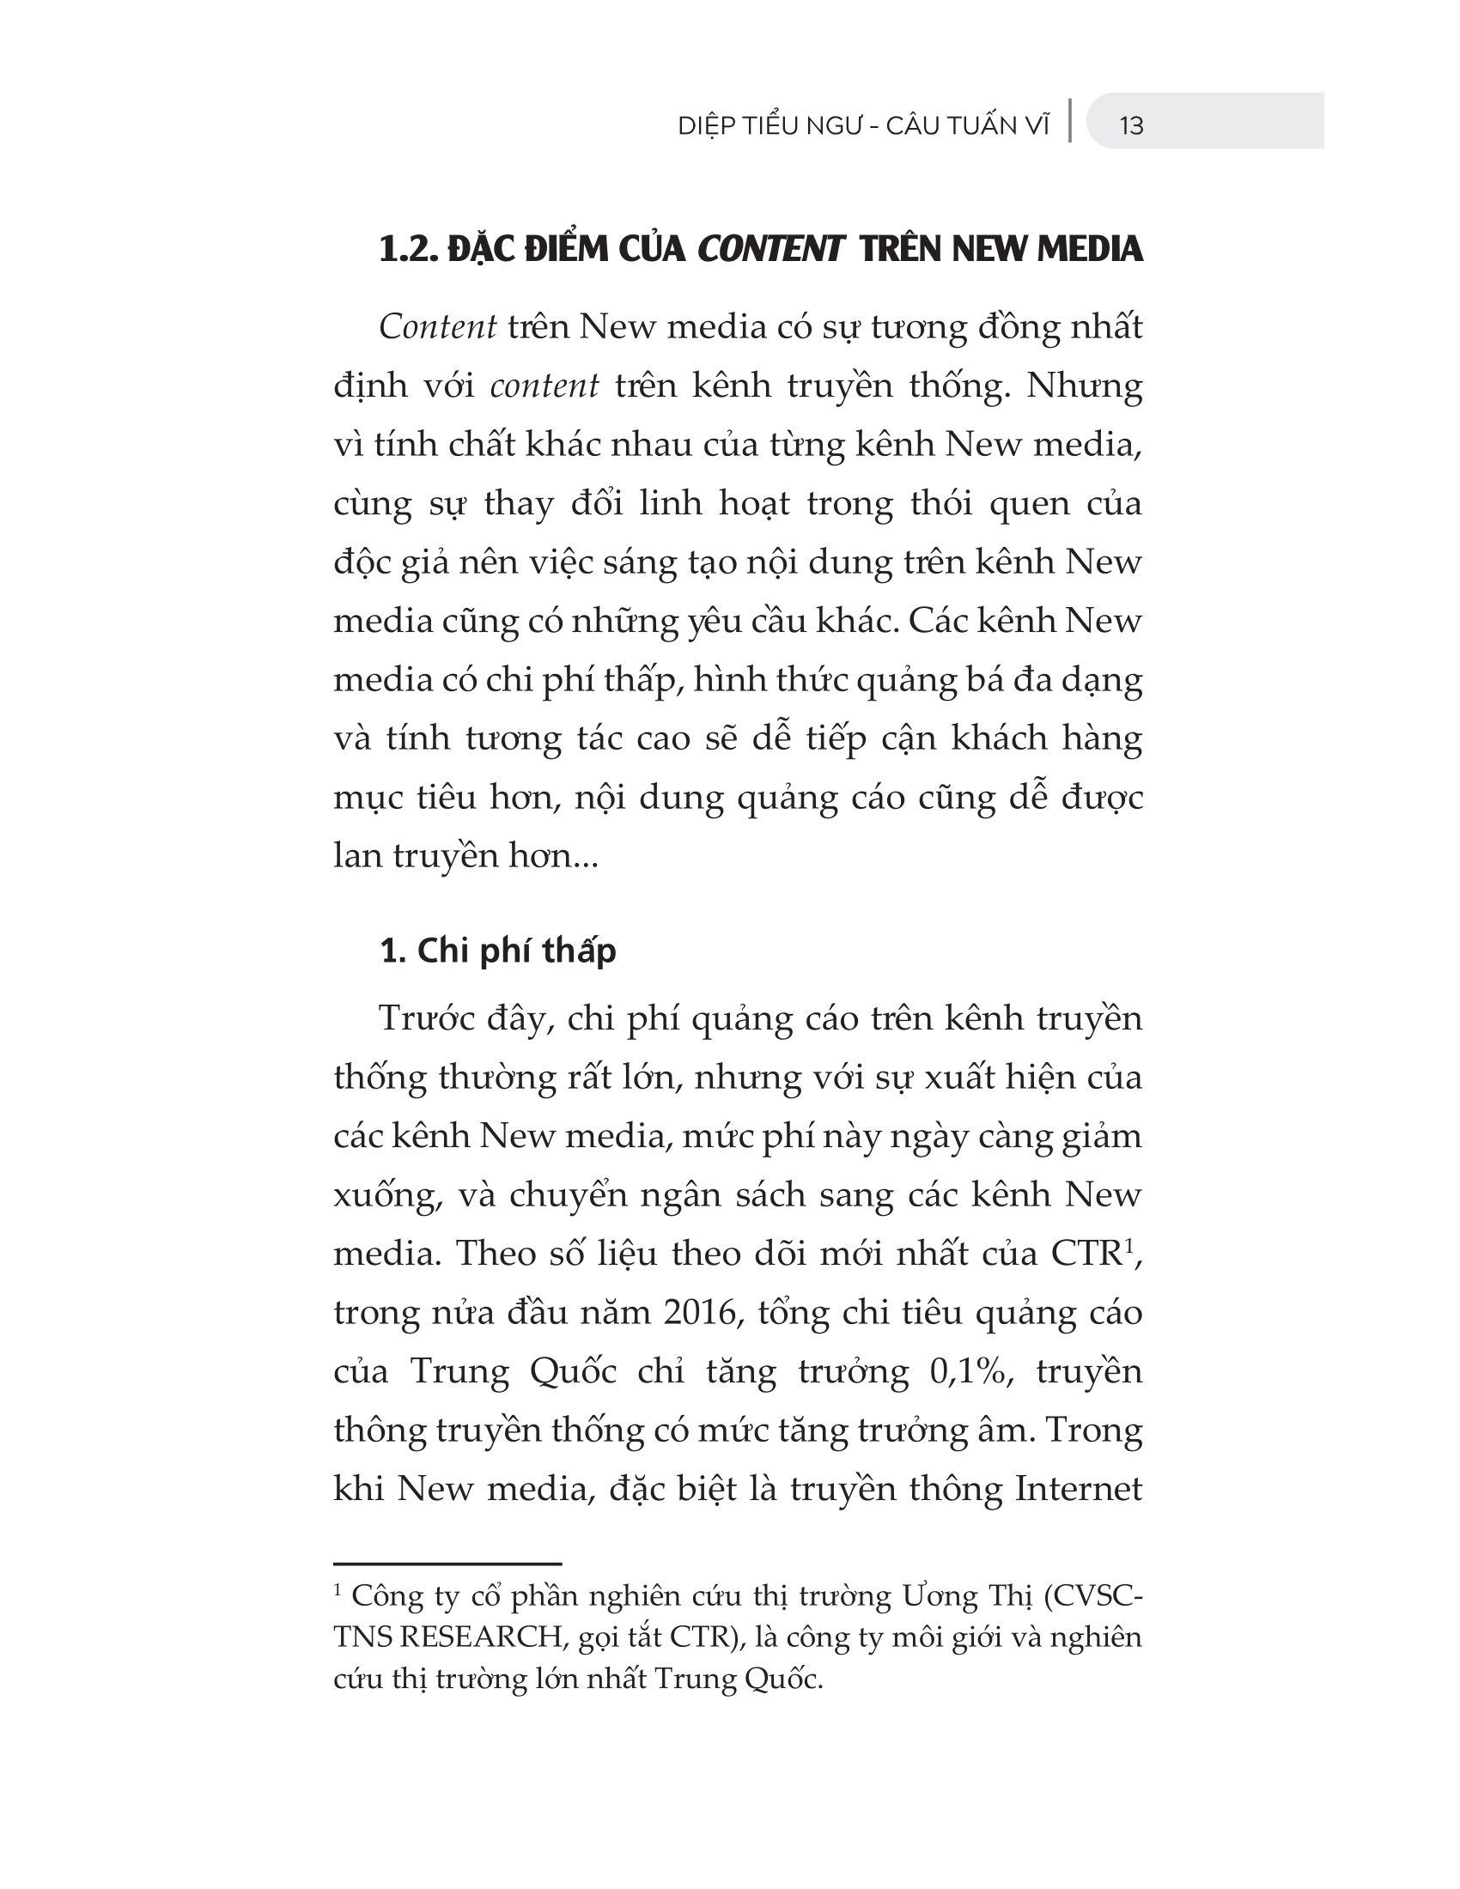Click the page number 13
pyautogui.click(x=1131, y=126)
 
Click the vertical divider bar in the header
pyautogui.click(x=1072, y=121)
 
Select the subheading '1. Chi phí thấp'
pyautogui.click(x=498, y=951)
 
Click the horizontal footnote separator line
pyautogui.click(x=447, y=1564)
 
